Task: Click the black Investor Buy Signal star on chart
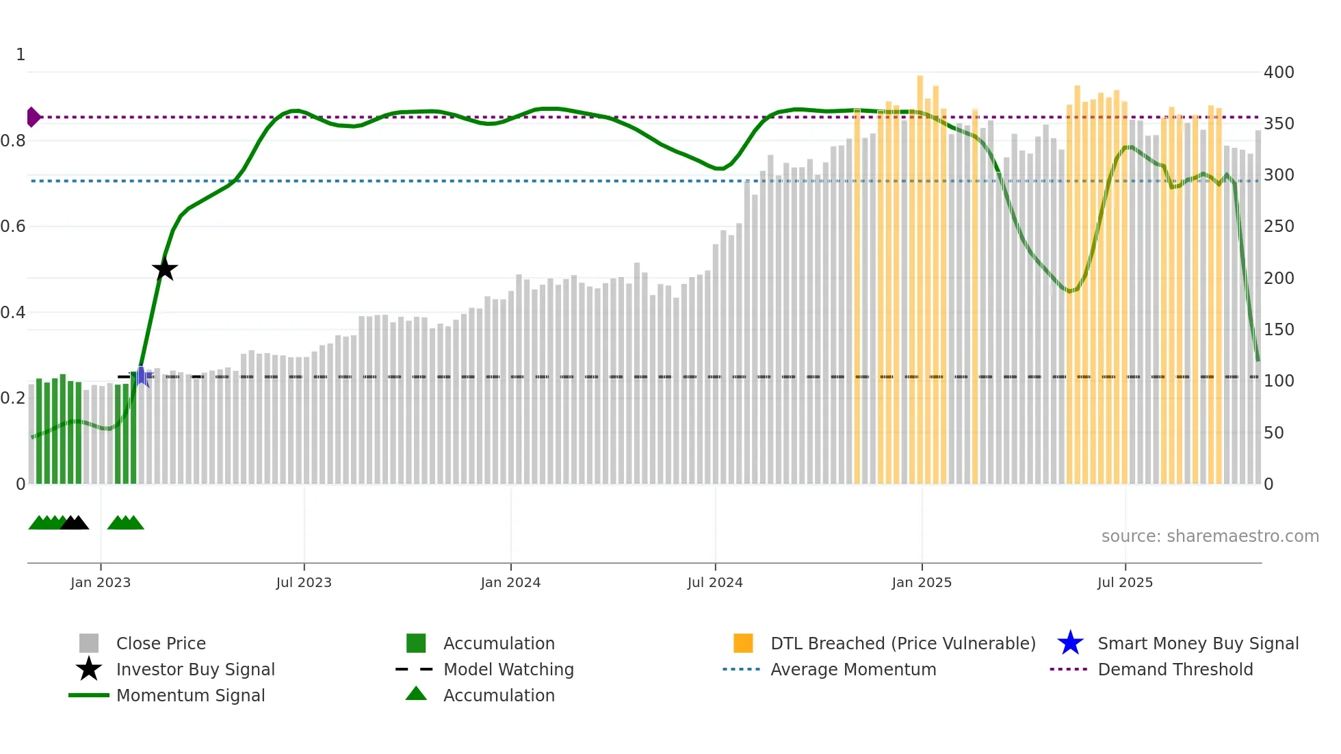pos(164,269)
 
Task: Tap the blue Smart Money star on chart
pos(141,376)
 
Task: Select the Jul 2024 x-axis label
pos(715,582)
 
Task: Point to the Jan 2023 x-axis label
pos(101,582)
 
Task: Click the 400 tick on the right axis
pos(1278,73)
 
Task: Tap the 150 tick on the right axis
pos(1278,330)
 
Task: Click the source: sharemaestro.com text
pos(1210,536)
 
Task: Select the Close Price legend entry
pos(160,643)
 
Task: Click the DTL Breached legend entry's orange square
pos(743,643)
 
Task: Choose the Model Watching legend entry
pos(508,669)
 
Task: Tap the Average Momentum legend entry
pos(852,669)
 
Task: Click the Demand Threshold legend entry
pos(1175,669)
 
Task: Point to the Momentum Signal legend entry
pos(190,695)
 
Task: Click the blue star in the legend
pos(1070,643)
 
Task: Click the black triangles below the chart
pos(75,523)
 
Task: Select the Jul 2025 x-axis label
pos(1125,582)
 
